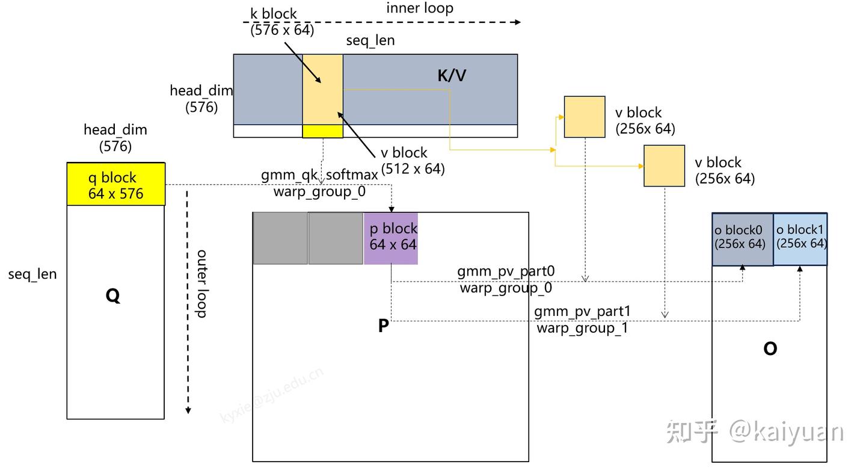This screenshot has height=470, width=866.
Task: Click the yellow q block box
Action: click(x=116, y=184)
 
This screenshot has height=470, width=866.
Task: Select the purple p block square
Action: click(x=391, y=238)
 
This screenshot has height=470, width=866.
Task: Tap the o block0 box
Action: click(x=743, y=239)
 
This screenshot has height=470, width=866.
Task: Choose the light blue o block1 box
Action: click(x=800, y=239)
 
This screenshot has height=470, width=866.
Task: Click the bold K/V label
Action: click(x=452, y=76)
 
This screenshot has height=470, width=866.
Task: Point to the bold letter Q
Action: click(x=113, y=295)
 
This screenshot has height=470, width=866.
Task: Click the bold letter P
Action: click(x=383, y=326)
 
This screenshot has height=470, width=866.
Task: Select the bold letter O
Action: click(x=770, y=349)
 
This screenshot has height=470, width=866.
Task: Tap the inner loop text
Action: click(x=420, y=8)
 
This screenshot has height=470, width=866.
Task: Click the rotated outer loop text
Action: click(x=201, y=283)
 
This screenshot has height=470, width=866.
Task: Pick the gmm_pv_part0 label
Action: click(x=506, y=271)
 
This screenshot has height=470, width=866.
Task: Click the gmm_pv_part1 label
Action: click(x=582, y=312)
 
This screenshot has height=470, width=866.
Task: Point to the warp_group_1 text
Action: click(x=582, y=328)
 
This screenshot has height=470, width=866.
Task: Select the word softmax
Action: click(x=352, y=175)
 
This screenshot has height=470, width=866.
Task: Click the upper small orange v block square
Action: click(x=585, y=117)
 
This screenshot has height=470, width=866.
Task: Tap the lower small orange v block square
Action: click(x=664, y=165)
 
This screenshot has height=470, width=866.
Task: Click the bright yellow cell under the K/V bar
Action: click(x=322, y=131)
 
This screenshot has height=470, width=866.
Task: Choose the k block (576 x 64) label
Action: click(x=282, y=22)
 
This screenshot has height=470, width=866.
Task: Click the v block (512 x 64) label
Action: click(x=413, y=161)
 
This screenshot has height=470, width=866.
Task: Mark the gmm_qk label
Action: click(x=289, y=175)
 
